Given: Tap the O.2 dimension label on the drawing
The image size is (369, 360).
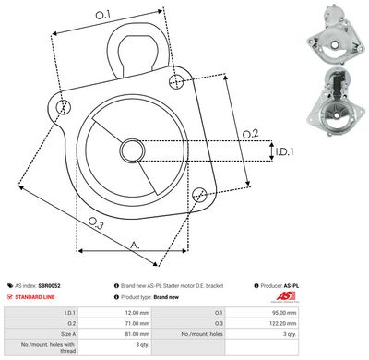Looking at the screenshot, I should click(x=249, y=135).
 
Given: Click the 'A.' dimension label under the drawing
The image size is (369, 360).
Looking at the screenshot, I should click(x=135, y=246).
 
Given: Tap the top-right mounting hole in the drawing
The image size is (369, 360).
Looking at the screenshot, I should click(x=176, y=82).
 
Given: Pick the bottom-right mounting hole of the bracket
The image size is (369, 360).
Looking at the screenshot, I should click(x=200, y=193).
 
